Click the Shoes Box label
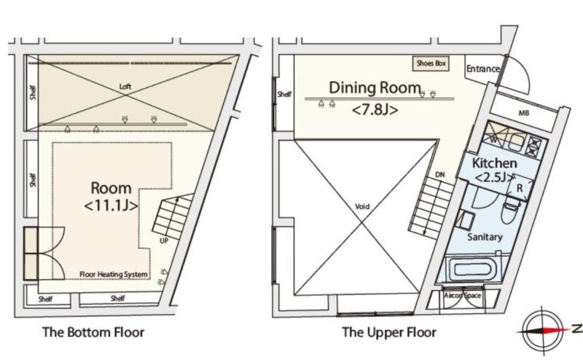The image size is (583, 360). pos(431,63)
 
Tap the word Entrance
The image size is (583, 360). pos(483,69)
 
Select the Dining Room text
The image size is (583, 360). pos(375,87)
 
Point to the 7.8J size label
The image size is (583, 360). pos(375,110)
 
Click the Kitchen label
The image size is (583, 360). pos(494,163)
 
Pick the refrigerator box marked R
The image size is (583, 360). pos(520,188)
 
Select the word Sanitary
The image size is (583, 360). pos(485,237)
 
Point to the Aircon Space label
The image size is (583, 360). pos(463,296)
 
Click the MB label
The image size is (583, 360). pos(523,113)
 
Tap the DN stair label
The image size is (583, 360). pos(440,174)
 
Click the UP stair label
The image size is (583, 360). pos(164,241)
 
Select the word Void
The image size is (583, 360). pos(362,207)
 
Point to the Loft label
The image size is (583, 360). pos(125,87)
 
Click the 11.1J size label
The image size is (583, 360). pos(111,206)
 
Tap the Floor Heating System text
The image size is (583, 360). pos(114,275)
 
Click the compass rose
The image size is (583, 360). pos(542,330)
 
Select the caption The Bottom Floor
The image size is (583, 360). pos(93,332)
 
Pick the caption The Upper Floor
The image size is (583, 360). pos(389,332)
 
